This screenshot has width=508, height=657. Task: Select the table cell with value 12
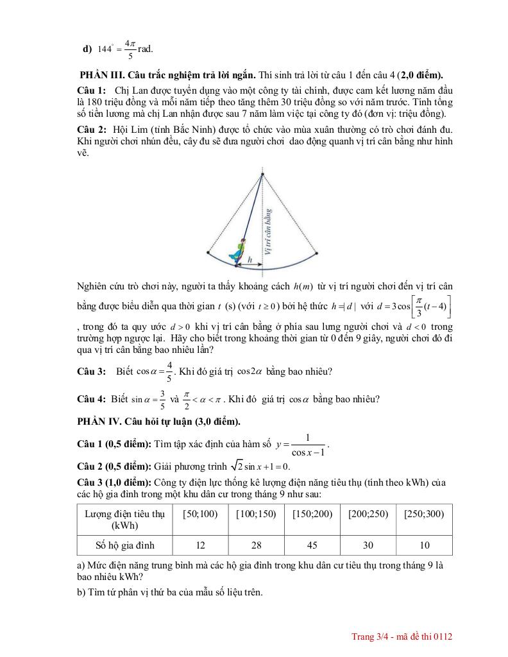coord(200,545)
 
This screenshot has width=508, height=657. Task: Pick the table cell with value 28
coord(256,545)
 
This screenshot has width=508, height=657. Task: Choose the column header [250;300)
coord(425,514)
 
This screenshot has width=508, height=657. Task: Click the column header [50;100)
coord(200,514)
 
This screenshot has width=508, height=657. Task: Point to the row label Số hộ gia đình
coord(124,545)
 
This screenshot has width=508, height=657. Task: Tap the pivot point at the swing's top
coord(262,171)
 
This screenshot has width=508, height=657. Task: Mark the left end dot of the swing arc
coord(208,253)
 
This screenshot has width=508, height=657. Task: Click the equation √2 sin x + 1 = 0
coord(259,466)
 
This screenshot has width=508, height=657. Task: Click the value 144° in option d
coord(107,49)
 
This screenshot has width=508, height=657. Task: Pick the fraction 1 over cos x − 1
coord(307,445)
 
